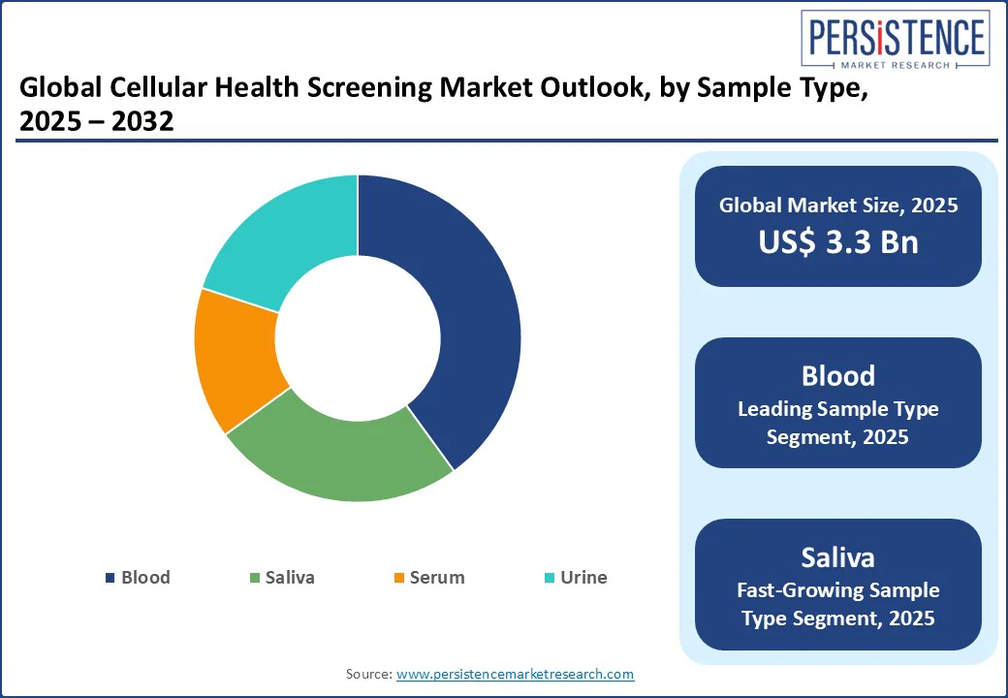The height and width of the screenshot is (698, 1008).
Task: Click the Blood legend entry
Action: (x=139, y=577)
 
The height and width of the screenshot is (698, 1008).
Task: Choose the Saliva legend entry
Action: (x=282, y=577)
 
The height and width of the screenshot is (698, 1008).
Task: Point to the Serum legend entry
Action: (x=429, y=577)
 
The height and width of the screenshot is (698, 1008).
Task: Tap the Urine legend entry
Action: (x=576, y=577)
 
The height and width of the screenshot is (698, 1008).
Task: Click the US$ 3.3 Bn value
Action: (x=838, y=241)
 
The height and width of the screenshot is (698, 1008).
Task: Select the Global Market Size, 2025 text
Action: (x=838, y=205)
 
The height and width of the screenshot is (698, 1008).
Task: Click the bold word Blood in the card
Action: (x=838, y=376)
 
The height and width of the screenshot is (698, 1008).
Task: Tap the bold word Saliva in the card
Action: (x=838, y=557)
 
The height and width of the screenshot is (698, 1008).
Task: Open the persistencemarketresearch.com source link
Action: (x=515, y=674)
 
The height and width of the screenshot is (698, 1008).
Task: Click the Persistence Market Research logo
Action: (x=895, y=40)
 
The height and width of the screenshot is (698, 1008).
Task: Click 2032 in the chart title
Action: (x=142, y=121)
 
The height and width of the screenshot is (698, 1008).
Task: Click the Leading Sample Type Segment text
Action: (x=838, y=423)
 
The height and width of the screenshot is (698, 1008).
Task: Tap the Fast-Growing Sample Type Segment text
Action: (x=838, y=604)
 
